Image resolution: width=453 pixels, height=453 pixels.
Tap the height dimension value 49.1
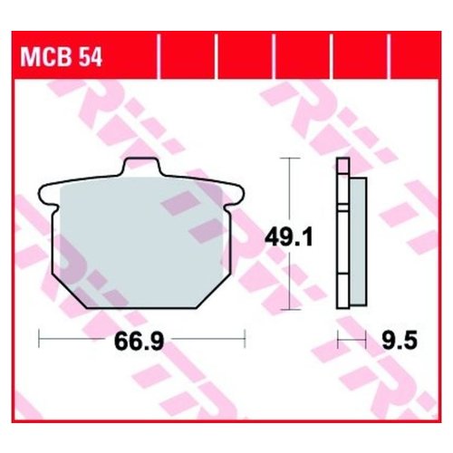[x=290, y=237]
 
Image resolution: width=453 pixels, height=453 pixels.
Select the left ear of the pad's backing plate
[x=47, y=193]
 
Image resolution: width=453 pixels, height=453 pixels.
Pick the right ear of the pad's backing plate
[x=237, y=193]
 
